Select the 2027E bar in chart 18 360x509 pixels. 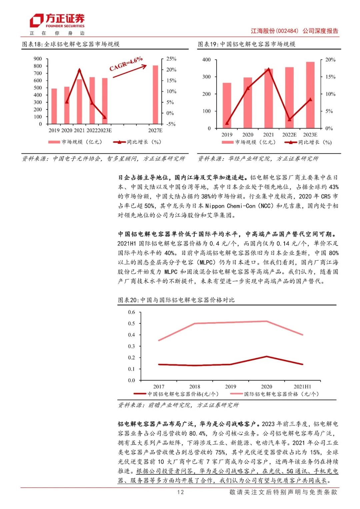coord(155,95)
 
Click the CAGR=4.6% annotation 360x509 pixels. coord(126,64)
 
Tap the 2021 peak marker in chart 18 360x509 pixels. coord(79,70)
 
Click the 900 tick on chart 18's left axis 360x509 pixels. coord(38,59)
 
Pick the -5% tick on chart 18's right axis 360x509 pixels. coord(171,124)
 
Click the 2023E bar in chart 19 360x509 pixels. coord(310,95)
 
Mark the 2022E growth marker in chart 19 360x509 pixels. coord(289,119)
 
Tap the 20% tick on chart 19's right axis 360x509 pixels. coord(330,60)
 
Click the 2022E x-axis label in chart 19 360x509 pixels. coord(289,135)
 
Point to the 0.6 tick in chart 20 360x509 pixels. coord(132,312)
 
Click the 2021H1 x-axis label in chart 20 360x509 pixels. coord(302,387)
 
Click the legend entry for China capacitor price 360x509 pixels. coord(177,394)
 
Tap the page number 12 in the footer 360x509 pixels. coord(180,492)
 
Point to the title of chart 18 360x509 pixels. coord(71,44)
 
